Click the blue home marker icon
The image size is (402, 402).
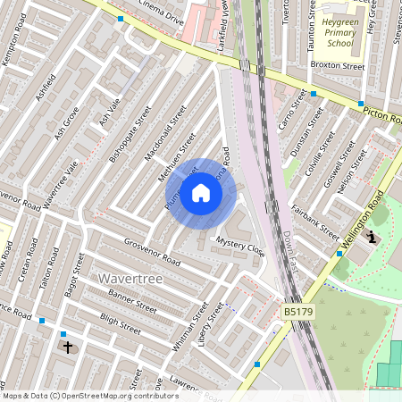(x=201, y=193)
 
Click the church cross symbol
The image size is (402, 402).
(x=67, y=346)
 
